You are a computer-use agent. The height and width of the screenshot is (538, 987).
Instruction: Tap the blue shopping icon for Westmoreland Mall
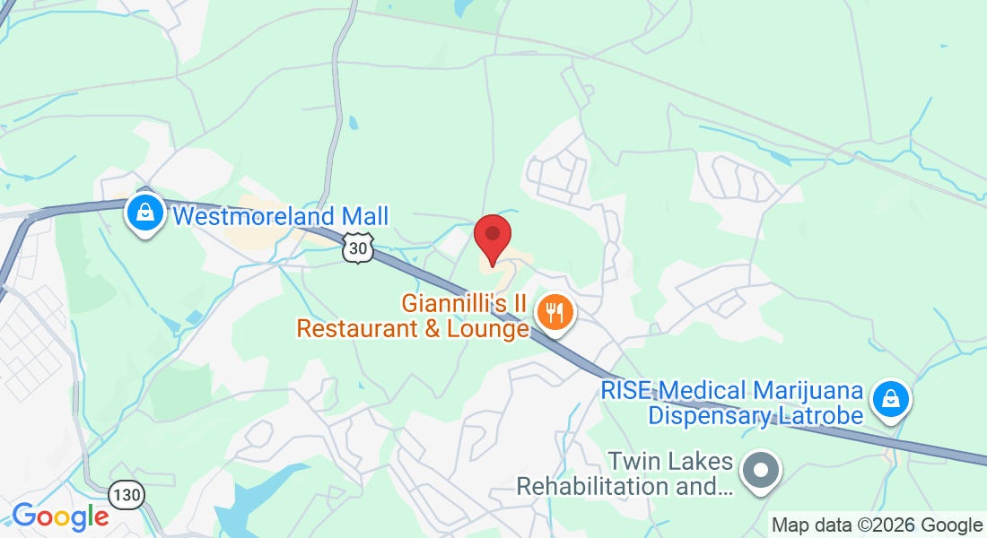[144, 213]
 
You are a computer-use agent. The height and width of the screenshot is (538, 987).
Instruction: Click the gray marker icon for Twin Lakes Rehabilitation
[762, 470]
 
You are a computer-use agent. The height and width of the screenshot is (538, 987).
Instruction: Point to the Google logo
[60, 516]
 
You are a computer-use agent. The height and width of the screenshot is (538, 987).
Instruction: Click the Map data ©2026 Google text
[878, 525]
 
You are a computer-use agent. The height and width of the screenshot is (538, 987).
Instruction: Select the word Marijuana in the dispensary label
[808, 392]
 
